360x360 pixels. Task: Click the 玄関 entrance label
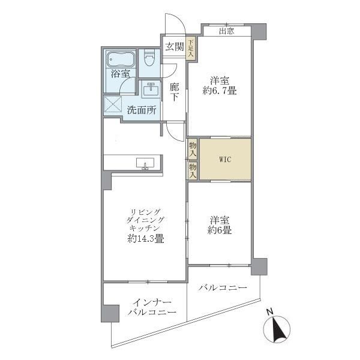tap(174, 47)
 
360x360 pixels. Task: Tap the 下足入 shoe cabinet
tap(191, 49)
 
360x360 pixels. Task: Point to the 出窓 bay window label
tap(226, 31)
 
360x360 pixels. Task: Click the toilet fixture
tap(150, 59)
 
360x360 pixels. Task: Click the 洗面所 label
tap(142, 110)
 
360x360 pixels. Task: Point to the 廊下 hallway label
tap(174, 91)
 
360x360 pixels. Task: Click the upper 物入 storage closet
tap(193, 148)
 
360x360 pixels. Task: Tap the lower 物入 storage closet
tap(193, 171)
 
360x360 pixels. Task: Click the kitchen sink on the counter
tap(145, 164)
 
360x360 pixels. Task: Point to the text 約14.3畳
tap(146, 238)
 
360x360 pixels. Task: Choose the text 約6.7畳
tap(220, 92)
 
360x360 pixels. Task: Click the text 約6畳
tap(220, 230)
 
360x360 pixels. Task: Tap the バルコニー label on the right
tap(223, 289)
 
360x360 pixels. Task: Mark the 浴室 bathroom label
tap(120, 74)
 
